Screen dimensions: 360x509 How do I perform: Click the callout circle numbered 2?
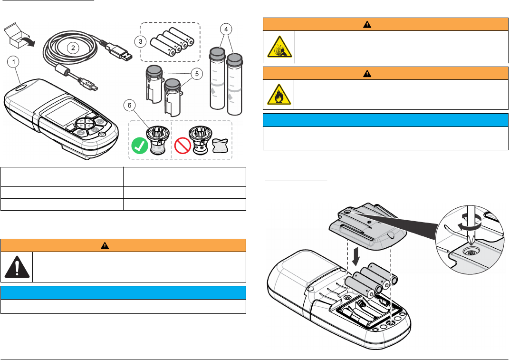pyautogui.click(x=73, y=47)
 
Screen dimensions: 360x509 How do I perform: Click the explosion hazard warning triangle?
pyautogui.click(x=279, y=47)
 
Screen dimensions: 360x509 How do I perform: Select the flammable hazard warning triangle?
pyautogui.click(x=279, y=96)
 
